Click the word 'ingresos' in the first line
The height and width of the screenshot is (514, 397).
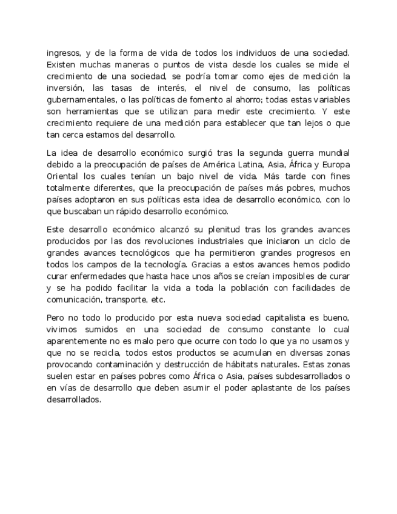(x=62, y=53)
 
